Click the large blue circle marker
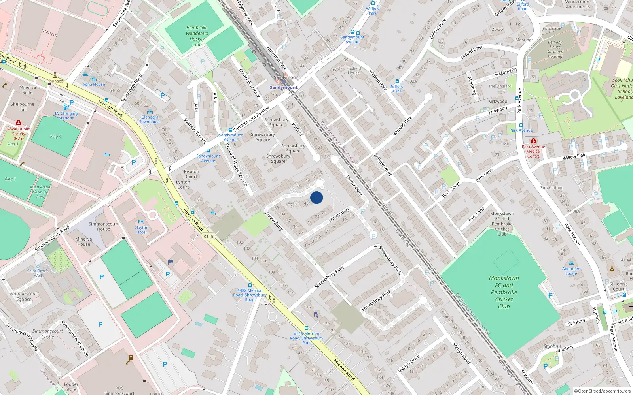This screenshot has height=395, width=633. click(x=316, y=197)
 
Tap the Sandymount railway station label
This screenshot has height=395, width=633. click(x=283, y=87)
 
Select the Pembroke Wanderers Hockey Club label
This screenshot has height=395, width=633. click(x=197, y=36)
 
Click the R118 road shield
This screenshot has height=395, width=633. click(x=208, y=236)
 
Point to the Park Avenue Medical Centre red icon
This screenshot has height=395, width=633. click(x=533, y=141)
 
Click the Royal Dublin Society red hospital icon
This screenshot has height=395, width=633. click(x=18, y=123)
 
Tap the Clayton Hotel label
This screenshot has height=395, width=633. click(x=141, y=230)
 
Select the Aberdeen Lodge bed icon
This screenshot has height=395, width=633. click(x=571, y=263)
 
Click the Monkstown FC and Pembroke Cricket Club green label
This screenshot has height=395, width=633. click(x=504, y=292)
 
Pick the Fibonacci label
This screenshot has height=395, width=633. click(x=55, y=81)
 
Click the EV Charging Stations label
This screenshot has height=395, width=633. click(x=66, y=115)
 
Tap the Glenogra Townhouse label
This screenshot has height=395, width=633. click(x=150, y=119)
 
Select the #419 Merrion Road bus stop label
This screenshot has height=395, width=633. click(x=307, y=338)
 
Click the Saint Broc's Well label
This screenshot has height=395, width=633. click(x=38, y=273)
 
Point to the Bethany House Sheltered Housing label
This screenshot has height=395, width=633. click(x=555, y=49)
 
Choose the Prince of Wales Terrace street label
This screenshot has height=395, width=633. click(x=236, y=165)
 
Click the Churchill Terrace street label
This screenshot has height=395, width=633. click(x=249, y=83)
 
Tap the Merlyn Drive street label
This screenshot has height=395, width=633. click(x=409, y=364)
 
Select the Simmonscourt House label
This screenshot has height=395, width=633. click(x=103, y=226)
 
